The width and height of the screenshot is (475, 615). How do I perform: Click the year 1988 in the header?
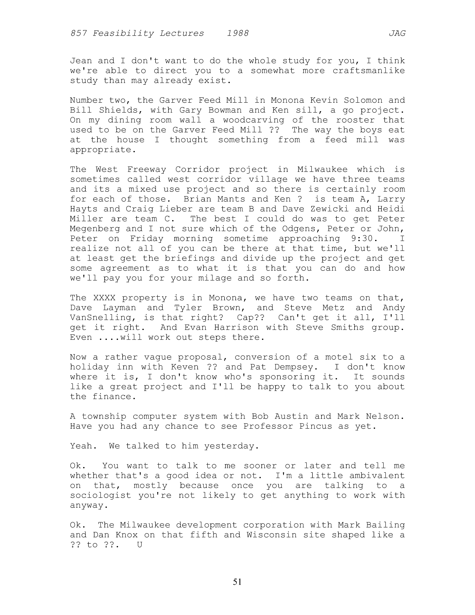click(238, 34)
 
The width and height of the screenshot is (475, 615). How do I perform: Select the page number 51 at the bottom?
click(237, 582)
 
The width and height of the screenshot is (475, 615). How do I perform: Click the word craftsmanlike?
click(369, 71)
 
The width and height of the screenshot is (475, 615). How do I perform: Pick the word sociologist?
click(100, 495)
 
